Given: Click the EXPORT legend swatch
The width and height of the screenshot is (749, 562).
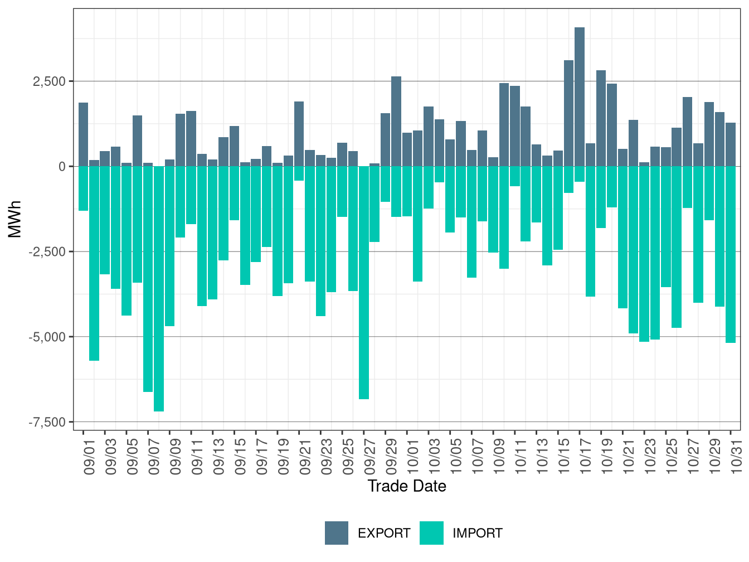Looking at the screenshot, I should [337, 533].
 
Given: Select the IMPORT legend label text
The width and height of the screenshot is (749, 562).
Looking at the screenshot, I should [477, 534].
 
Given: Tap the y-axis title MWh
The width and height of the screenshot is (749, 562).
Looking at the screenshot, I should [15, 219].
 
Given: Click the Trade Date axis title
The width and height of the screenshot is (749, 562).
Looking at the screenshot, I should [407, 486].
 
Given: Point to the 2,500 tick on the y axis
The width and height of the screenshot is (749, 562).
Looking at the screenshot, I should [50, 81].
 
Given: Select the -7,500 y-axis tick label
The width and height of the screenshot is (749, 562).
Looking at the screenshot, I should [47, 422].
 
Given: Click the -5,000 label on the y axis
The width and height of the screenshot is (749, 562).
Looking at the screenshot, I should [47, 337].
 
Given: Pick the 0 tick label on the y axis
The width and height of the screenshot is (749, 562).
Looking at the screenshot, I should [62, 167].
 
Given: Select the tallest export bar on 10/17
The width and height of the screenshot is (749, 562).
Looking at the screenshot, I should [580, 96].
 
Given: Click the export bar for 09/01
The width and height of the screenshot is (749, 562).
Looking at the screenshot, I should [83, 134].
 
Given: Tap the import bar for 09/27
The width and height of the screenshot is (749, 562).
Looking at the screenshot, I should [364, 283].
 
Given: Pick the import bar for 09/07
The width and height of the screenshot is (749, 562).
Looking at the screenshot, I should [148, 279].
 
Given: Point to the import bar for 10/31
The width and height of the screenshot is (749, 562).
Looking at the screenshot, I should [731, 254].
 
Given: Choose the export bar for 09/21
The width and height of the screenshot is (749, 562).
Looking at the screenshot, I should [299, 134].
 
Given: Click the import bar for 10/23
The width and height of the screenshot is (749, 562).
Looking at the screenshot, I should [644, 254].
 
